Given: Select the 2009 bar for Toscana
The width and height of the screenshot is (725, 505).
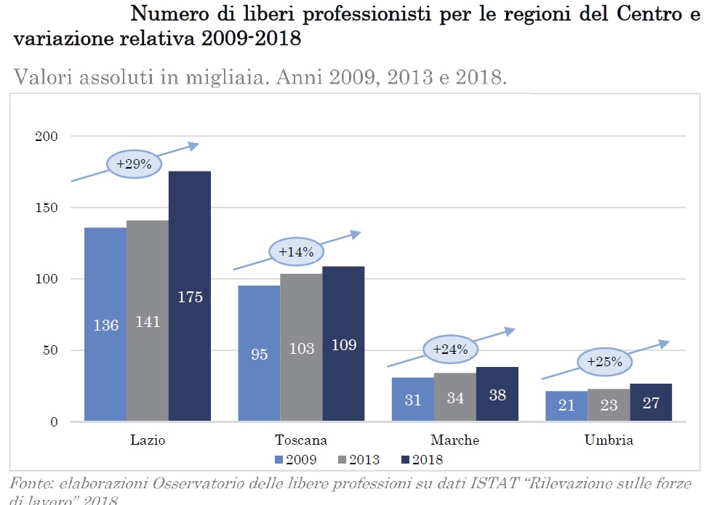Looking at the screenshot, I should tap(259, 353).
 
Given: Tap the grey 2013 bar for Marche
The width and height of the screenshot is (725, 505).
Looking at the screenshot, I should tap(455, 397).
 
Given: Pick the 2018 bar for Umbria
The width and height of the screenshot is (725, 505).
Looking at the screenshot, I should tap(651, 402).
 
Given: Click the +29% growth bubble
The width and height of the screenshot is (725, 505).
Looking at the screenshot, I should tap(134, 164).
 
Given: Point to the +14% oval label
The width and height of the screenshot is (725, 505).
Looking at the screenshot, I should tap(296, 252).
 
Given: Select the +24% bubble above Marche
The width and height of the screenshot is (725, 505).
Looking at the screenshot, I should tap(450, 349).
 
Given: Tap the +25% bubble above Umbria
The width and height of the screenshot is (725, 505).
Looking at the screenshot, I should tap(604, 361).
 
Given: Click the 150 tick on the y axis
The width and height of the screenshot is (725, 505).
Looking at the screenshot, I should tap(57, 208).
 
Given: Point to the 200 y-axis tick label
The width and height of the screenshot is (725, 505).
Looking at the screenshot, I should tap(57, 137).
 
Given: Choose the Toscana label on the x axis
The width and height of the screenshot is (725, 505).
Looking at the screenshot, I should tap(301, 440).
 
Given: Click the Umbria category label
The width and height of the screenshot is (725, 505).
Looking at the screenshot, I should tap(609, 440).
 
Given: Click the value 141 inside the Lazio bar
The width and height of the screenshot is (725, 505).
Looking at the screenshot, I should tap(148, 322).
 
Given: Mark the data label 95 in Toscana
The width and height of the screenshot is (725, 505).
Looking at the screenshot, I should tap(259, 355).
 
